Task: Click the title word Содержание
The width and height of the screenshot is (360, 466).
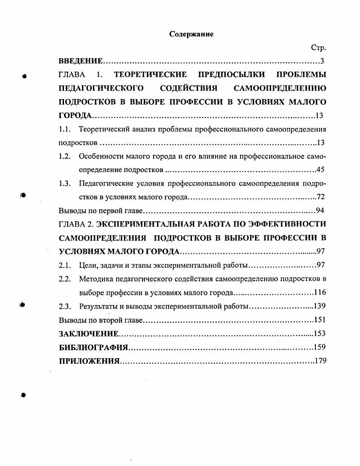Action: tap(191, 34)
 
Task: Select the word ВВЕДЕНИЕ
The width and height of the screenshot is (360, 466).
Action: tap(81, 61)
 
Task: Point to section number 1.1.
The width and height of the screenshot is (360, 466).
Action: tap(66, 129)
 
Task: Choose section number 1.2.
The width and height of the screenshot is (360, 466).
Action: tap(66, 156)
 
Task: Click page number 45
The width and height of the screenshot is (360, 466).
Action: tap(321, 170)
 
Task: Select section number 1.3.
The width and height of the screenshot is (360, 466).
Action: tap(66, 183)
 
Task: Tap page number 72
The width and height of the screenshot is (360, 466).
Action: tap(321, 197)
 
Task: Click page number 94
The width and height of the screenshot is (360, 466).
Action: tap(321, 210)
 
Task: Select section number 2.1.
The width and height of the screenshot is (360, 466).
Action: tap(66, 265)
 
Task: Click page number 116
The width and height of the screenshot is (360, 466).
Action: tap(320, 292)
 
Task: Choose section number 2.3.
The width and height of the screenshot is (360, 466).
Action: tap(66, 306)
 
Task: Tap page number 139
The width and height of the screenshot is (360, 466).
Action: tap(319, 306)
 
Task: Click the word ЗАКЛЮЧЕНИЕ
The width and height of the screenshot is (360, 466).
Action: tap(89, 334)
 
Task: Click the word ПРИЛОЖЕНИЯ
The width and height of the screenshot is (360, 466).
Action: tap(89, 361)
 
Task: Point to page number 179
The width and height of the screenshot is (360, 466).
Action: tap(319, 361)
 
